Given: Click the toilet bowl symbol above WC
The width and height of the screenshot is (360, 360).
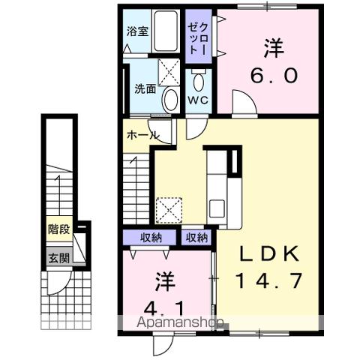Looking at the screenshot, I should pyautogui.click(x=198, y=80).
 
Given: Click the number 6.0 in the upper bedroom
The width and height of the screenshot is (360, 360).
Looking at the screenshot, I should pyautogui.click(x=272, y=75).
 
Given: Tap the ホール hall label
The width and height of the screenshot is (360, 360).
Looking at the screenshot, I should pyautogui.click(x=142, y=136).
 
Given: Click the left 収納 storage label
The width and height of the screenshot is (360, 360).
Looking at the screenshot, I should pyautogui.click(x=151, y=238).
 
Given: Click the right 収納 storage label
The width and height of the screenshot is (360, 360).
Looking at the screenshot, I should pyautogui.click(x=196, y=238).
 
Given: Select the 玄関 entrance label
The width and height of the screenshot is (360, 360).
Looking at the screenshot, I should pyautogui.click(x=58, y=259).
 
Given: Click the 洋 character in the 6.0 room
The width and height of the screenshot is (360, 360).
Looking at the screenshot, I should pyautogui.click(x=272, y=47).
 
